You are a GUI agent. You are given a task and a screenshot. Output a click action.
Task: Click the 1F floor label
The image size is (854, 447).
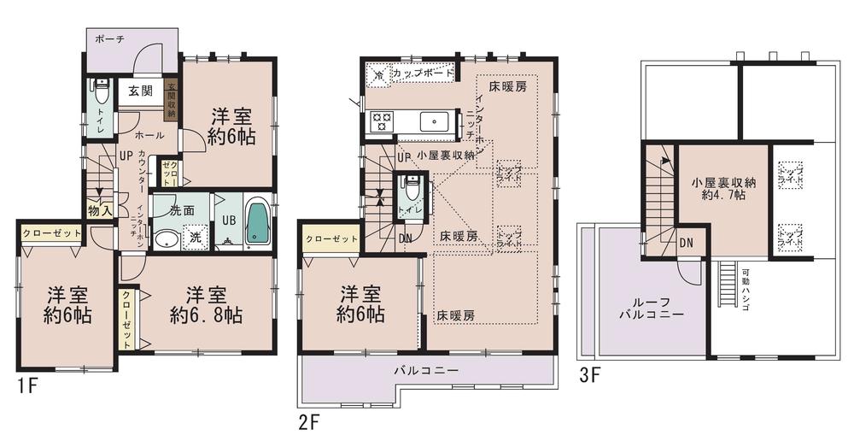(x=26, y=385)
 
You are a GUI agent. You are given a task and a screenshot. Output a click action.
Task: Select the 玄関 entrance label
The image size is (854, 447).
(x=141, y=91)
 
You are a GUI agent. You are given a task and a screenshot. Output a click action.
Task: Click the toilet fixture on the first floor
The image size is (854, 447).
(x=101, y=91)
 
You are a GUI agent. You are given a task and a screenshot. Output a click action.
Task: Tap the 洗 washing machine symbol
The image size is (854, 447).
(x=196, y=237)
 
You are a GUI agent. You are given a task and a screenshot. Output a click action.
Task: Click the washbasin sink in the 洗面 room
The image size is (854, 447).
(x=166, y=238)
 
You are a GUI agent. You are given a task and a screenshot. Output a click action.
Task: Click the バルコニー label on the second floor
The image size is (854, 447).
(x=426, y=371)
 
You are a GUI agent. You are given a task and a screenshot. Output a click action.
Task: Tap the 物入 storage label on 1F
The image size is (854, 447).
(x=99, y=210)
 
